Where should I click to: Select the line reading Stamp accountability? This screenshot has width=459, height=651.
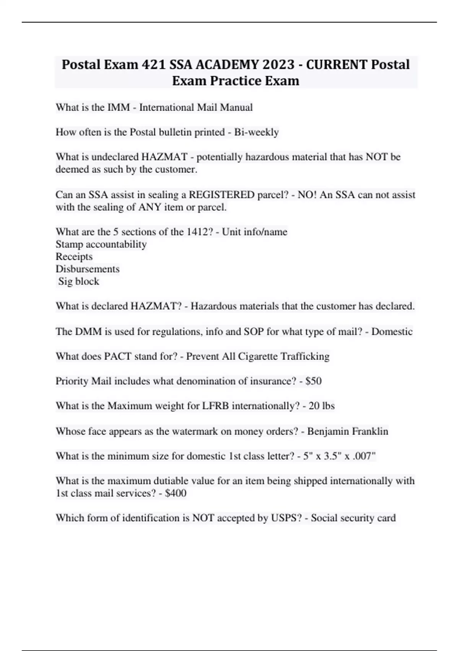(101, 244)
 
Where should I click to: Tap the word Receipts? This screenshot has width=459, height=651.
(74, 257)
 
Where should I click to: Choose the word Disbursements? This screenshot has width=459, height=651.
(87, 269)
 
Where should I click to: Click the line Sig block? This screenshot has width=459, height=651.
(78, 281)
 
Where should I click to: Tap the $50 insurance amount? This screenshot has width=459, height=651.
(314, 381)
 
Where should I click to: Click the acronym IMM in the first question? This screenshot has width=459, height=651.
(119, 107)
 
